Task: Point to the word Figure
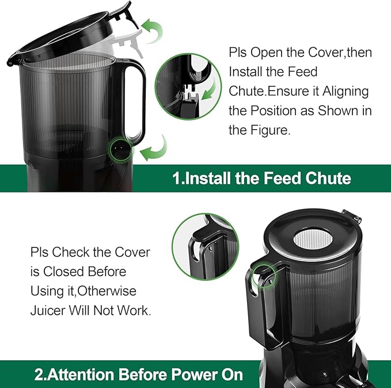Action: pyautogui.click(x=267, y=130)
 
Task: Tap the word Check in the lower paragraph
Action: pyautogui.click(x=73, y=253)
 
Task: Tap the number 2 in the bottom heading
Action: pyautogui.click(x=39, y=375)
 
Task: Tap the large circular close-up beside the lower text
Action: pyautogui.click(x=206, y=247)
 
